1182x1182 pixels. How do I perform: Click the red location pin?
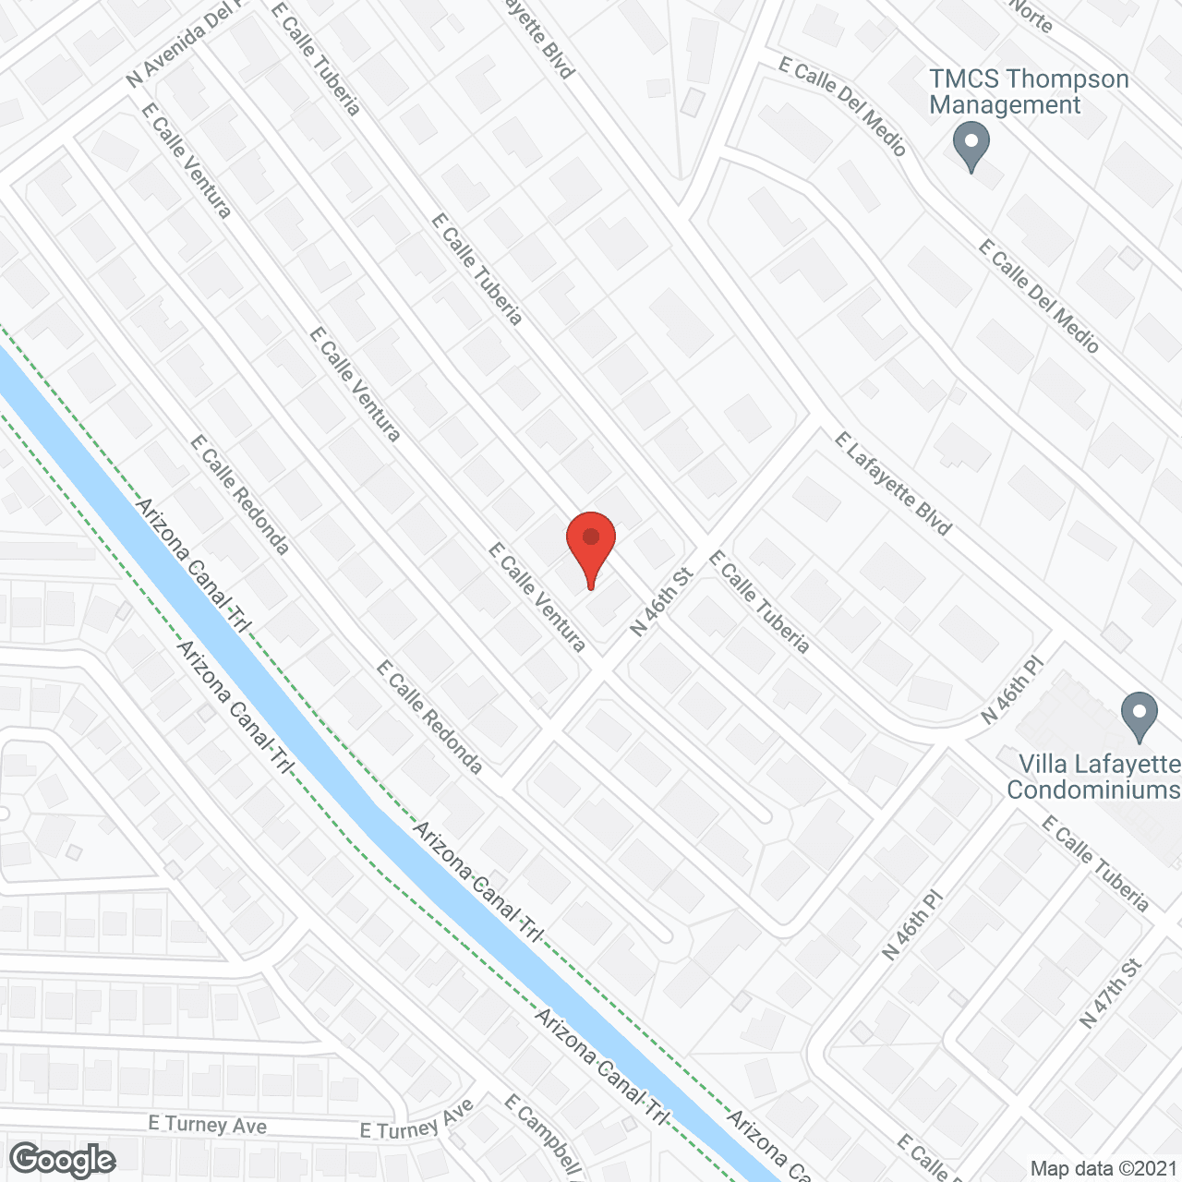coord(591,545)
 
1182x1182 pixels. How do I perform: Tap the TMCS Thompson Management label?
coord(1029,92)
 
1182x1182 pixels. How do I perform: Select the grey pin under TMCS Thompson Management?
coord(971,148)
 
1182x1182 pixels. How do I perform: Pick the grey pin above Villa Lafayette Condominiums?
coord(1139,716)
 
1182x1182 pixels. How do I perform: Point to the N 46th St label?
coord(661,602)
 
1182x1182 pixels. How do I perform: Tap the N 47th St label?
coord(1111,994)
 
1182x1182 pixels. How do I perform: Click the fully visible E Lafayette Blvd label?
coord(892,484)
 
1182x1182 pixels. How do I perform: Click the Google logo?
coord(63,1159)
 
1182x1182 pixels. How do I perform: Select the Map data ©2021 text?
coord(1103,1168)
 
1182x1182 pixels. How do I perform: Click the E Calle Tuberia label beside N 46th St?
coord(759,602)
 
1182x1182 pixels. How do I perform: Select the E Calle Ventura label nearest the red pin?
coord(537,597)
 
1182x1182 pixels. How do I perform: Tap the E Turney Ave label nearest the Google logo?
coord(208,1124)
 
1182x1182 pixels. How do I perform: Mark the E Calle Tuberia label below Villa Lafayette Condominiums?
coord(1095,864)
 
